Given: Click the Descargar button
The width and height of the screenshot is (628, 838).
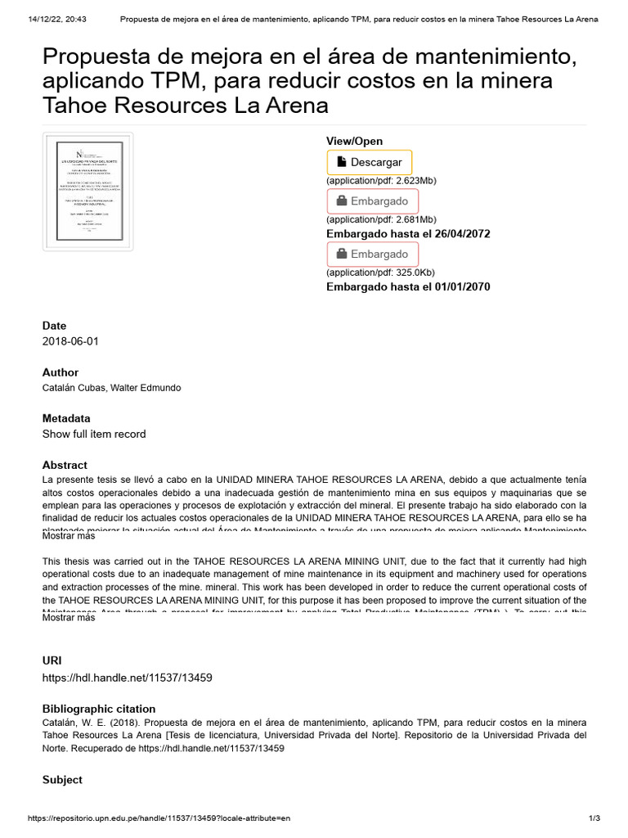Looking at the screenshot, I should coord(370,162).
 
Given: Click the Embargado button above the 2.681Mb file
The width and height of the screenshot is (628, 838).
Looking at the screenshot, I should coord(372,201).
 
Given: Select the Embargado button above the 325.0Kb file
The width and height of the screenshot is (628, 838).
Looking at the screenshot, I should coord(372,255).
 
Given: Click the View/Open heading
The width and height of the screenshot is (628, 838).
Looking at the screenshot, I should coord(354,142).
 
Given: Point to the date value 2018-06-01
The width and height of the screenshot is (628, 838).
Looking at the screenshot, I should coord(70,341).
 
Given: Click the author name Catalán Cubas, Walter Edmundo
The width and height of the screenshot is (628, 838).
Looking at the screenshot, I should coord(112,388).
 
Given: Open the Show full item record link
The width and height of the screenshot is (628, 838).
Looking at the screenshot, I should coord(94,434).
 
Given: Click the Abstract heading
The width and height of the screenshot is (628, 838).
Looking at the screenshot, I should coord(65,465).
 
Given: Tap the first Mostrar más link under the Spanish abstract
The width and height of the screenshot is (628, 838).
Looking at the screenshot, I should coord(69,537).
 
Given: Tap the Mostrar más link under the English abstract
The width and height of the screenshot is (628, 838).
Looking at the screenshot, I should coord(69,618).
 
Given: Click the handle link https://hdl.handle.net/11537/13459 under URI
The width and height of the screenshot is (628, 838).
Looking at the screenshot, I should coord(128,678).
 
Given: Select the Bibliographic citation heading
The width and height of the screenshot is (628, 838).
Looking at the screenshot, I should coord(99,709).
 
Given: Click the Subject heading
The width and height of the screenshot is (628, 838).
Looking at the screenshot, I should coord(62,780).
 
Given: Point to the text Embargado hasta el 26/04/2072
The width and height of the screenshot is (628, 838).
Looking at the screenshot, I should coord(408,233).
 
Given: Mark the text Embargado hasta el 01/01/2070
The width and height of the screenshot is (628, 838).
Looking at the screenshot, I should coord(408,286).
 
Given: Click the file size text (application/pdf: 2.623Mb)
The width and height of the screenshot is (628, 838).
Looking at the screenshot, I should coord(381,180).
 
